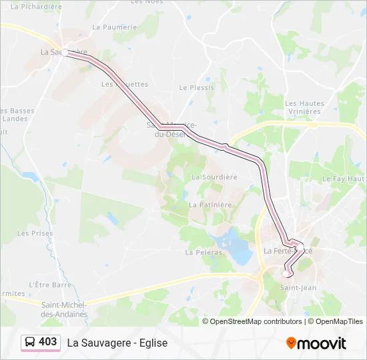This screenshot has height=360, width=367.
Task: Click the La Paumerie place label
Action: point(114,27)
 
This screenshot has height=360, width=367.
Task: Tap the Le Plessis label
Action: point(197,87)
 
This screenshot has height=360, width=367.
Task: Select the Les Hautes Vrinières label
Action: point(304,108)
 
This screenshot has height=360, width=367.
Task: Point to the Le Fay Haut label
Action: point(344,179)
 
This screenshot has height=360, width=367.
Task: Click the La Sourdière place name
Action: point(214,177)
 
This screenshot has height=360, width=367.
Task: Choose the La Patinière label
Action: point(210,205)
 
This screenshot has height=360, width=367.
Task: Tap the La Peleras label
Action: point(198,253)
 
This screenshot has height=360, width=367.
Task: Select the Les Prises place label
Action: point(35,233)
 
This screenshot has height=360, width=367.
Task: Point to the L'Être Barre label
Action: point(50,285)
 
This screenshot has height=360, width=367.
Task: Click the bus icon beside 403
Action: point(30,343)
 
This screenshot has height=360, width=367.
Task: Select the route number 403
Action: point(48,342)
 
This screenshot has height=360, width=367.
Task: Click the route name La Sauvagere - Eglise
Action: point(117,343)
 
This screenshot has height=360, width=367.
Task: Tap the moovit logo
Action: point(316,343)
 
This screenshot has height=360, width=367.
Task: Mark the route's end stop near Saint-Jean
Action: point(287,273)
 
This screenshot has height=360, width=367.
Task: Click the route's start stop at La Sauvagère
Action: point(65,53)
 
